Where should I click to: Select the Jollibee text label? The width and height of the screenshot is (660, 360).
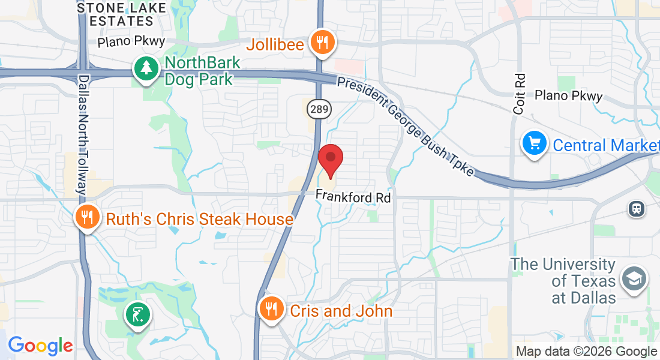(x=275, y=45)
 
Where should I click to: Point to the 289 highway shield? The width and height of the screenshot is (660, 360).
(x=316, y=109)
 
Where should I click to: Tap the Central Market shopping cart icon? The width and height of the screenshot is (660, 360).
(x=533, y=144)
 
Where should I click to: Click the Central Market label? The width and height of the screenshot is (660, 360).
(x=605, y=145)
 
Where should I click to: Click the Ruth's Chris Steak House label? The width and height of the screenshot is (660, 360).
(x=199, y=219)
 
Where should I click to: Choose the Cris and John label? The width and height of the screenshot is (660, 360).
(x=341, y=311)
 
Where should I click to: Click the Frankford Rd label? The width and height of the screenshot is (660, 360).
(x=353, y=197)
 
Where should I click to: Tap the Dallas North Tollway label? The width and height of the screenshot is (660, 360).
(x=83, y=136)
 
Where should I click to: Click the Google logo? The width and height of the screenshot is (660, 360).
(x=40, y=346)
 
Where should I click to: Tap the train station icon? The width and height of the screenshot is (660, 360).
(x=634, y=208)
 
